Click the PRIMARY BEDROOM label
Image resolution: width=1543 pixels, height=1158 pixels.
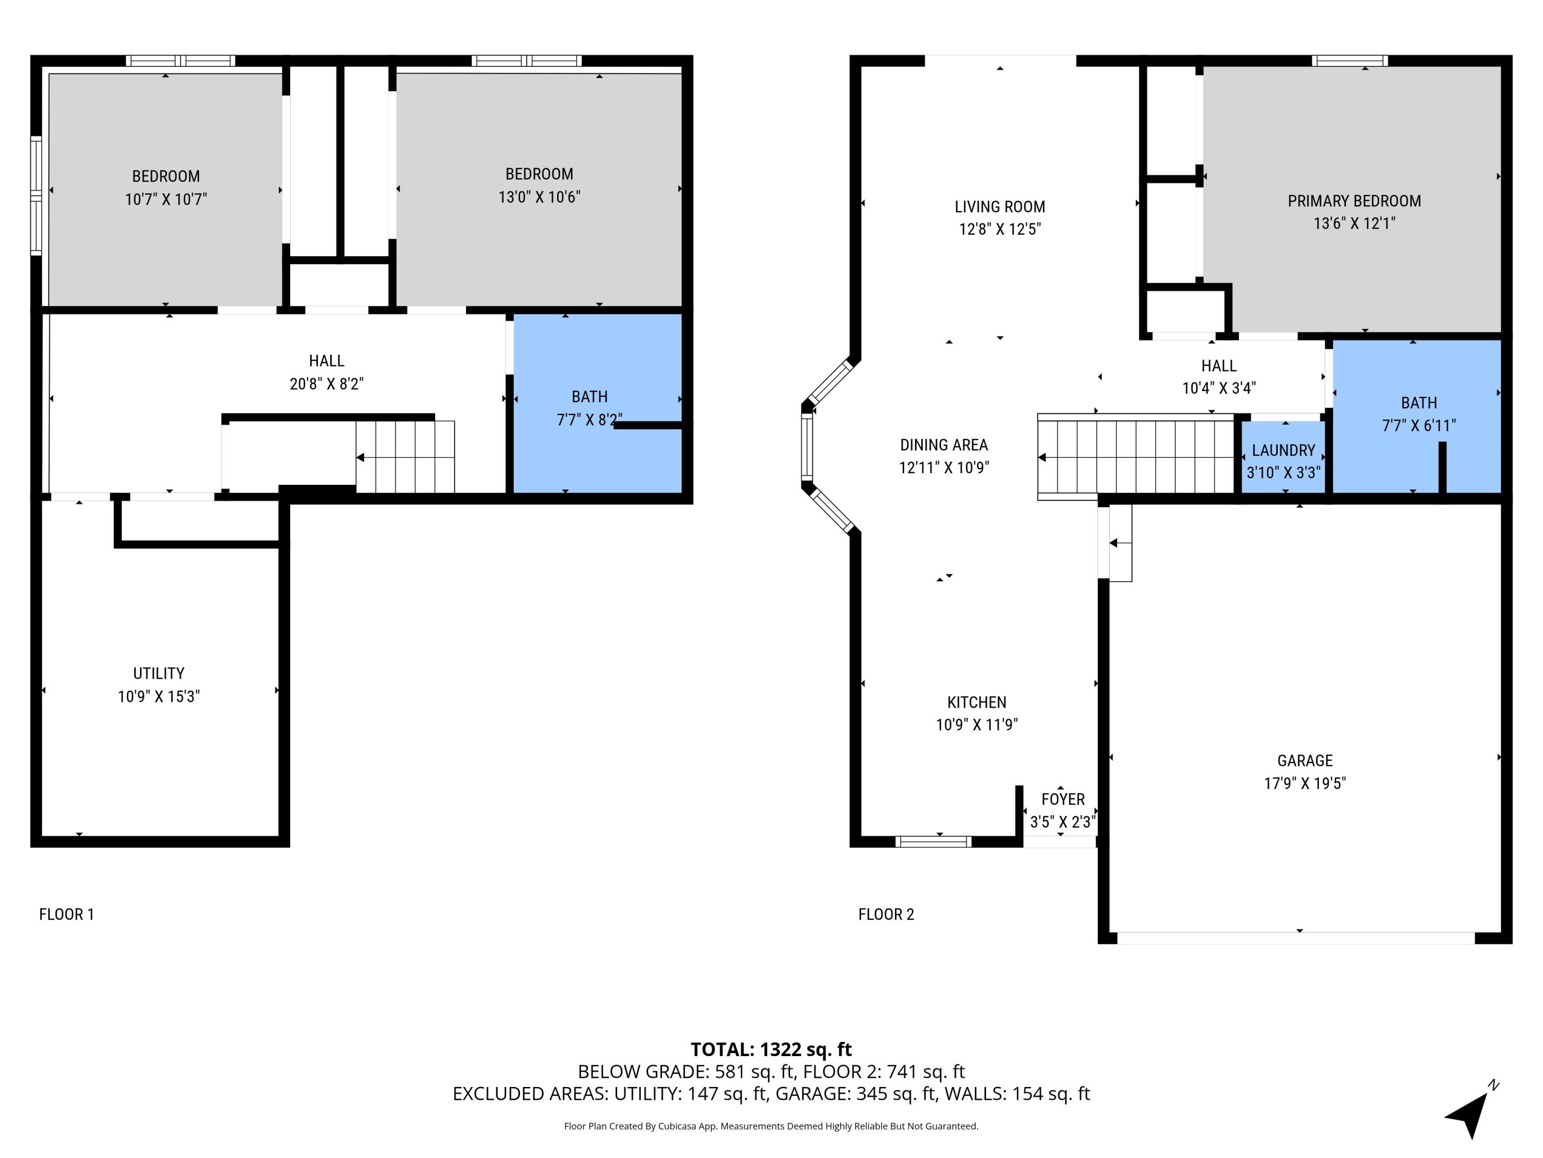[1354, 201]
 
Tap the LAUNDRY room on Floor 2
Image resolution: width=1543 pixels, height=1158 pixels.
[1283, 460]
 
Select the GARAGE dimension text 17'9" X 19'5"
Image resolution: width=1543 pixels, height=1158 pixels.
[1304, 783]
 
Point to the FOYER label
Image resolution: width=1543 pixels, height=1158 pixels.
[1063, 799]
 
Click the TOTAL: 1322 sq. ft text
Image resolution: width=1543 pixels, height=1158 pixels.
[771, 1049]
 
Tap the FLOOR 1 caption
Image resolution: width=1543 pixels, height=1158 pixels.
[66, 915]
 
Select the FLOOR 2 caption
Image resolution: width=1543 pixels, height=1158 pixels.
[886, 915]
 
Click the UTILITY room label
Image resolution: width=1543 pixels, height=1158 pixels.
[158, 674]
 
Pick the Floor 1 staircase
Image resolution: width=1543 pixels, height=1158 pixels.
[405, 457]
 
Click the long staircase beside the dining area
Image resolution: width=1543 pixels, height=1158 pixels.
[1136, 457]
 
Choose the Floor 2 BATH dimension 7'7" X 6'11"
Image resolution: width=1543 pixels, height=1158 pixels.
[1419, 425]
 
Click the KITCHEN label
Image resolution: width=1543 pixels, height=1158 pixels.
[977, 702]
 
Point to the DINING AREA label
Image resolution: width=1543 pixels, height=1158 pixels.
[944, 445]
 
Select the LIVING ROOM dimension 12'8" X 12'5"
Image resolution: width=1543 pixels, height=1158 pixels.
[999, 229]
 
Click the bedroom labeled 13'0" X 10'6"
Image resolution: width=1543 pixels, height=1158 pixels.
[539, 185]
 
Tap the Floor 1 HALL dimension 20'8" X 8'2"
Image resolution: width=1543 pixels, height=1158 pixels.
[327, 383]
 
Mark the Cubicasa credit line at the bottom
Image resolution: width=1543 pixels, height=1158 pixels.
[771, 1126]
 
